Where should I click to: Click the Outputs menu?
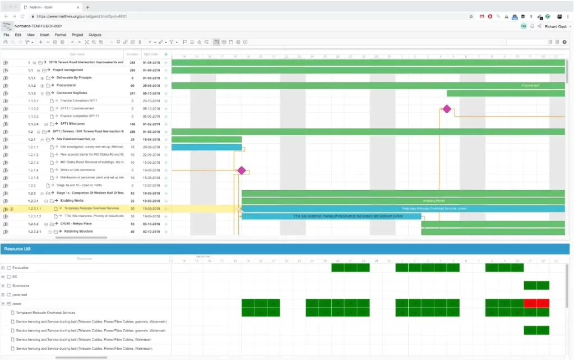point(95,35)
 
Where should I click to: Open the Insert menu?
point(45,35)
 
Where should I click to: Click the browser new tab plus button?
point(87,8)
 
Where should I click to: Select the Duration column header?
point(132,54)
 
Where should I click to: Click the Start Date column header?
point(150,54)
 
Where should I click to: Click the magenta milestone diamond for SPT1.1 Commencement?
point(447,109)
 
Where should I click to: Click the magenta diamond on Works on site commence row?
point(242,170)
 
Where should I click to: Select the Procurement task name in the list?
point(66,85)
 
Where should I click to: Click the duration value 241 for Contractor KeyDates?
point(132,93)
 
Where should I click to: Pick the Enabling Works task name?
point(72,201)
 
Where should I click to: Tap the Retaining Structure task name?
point(78,232)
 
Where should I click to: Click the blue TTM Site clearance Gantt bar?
point(331,216)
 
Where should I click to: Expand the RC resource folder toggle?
point(3,277)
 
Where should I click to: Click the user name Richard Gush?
point(556,26)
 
